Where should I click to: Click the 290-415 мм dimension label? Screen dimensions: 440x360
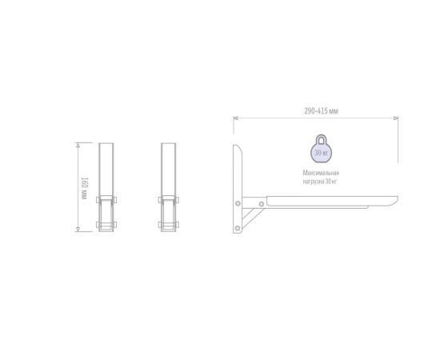(322, 111)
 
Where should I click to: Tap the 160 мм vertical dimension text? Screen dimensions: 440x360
(84, 188)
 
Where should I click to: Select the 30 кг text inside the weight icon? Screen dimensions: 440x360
(321, 153)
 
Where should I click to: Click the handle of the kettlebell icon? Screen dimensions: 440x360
(321, 139)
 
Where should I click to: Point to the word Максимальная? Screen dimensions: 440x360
(321, 173)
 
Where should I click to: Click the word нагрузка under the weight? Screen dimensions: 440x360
(313, 182)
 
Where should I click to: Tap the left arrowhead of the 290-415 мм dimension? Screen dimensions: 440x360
(236, 118)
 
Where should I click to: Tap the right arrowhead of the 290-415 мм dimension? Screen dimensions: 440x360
(396, 118)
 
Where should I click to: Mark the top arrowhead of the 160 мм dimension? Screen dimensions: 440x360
(78, 146)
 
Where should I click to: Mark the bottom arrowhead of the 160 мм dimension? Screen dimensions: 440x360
(78, 229)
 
